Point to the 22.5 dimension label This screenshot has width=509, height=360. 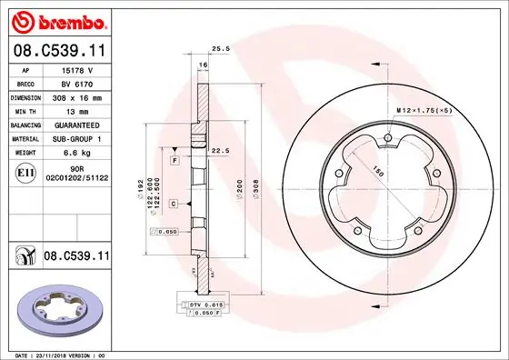218,151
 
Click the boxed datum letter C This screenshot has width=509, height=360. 173,205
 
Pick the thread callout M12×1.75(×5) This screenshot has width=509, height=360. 424,110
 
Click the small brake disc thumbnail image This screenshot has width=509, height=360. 57,305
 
